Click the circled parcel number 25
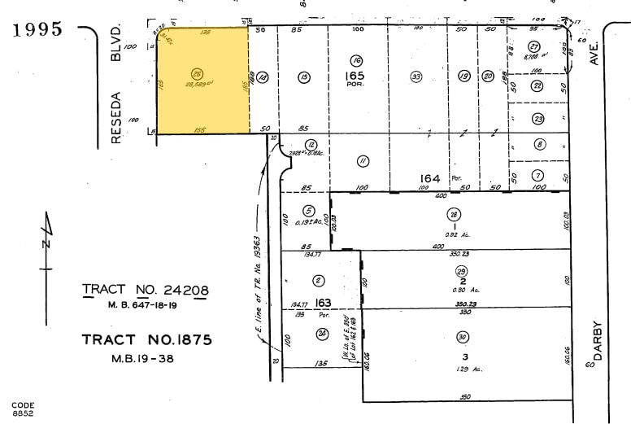pos(196,72)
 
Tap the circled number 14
pos(263,77)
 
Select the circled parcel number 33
pos(416,76)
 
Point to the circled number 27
pos(534,46)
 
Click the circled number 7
pos(538,175)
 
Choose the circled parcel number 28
pos(453,215)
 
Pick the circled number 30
pos(463,338)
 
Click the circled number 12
pos(311,145)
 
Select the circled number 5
pos(309,211)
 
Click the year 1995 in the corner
pos(38,29)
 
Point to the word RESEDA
pos(115,117)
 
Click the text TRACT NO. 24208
pos(146,290)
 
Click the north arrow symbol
pos(47,242)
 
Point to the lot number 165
pos(356,75)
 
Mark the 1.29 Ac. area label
pos(463,369)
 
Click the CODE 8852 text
pos(24,409)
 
